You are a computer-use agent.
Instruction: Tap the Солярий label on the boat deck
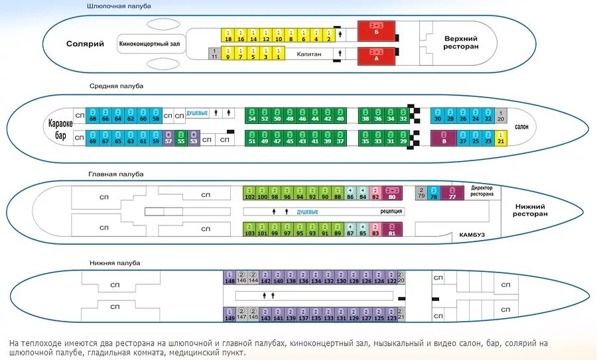[x=85, y=44]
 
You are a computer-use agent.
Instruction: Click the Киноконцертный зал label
[x=150, y=44]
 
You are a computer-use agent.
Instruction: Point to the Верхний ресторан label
[x=460, y=43]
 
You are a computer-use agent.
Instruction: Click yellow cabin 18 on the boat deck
[x=228, y=36]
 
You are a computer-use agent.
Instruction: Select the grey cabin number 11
[x=214, y=54]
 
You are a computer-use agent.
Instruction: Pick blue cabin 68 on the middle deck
[x=93, y=115]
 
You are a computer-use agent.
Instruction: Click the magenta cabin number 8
[x=443, y=138]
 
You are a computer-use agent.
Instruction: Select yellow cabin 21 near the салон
[x=501, y=138]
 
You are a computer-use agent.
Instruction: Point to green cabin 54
[x=251, y=115]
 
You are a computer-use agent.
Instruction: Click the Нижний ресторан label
[x=531, y=210]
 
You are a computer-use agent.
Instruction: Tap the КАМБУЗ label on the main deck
[x=472, y=235]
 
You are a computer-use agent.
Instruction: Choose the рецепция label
[x=391, y=211]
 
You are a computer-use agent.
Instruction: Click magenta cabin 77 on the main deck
[x=452, y=194]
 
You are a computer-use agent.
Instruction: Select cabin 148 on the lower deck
[x=230, y=278]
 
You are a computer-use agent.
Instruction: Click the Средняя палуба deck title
[x=117, y=86]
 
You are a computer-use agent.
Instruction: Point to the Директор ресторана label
[x=482, y=191]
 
